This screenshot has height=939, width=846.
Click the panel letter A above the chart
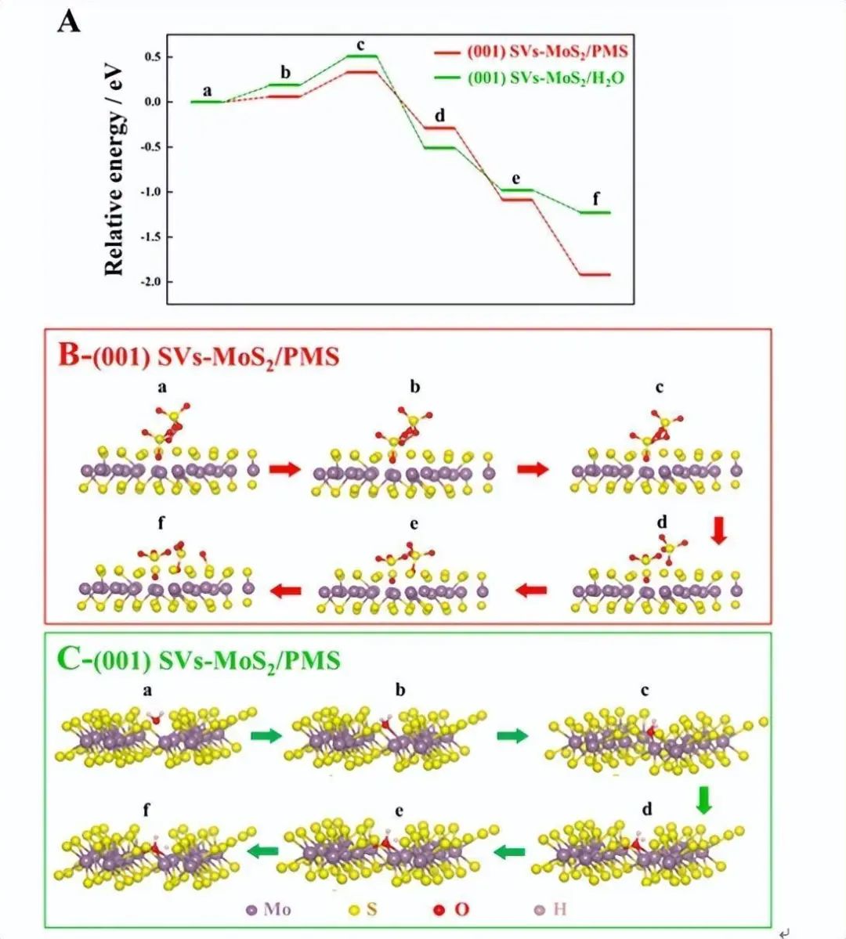pyautogui.click(x=68, y=21)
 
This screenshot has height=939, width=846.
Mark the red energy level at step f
pyautogui.click(x=594, y=275)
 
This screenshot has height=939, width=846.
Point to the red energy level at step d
pyautogui.click(x=439, y=128)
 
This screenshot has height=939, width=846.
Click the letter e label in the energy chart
pyautogui.click(x=516, y=177)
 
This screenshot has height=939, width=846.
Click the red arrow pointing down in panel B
pyautogui.click(x=719, y=533)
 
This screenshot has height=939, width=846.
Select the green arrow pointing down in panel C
pyautogui.click(x=703, y=800)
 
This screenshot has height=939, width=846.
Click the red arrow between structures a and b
pyautogui.click(x=284, y=468)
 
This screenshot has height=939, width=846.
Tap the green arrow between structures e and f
pyautogui.click(x=263, y=851)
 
